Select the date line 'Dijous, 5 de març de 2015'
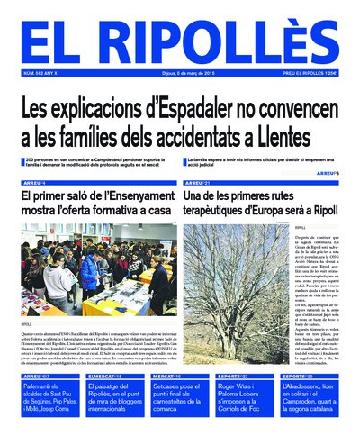(x=181, y=74)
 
